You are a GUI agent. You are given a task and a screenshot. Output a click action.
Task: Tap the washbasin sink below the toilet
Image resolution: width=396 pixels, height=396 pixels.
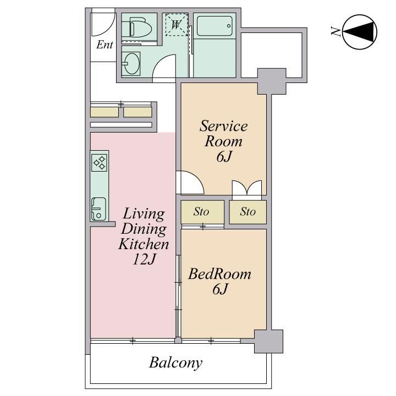tap(132, 64)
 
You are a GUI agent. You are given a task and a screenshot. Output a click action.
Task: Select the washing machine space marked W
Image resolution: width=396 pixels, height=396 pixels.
tap(177, 25)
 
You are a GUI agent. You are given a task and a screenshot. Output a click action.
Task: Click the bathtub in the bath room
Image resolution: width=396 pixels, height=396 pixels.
tap(215, 26)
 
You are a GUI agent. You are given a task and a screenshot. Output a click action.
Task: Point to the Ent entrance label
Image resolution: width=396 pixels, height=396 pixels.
tap(105, 45)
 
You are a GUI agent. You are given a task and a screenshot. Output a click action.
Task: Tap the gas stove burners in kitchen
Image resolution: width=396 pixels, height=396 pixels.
tap(99, 163)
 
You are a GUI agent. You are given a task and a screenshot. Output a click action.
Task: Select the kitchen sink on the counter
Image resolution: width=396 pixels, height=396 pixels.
tap(99, 209)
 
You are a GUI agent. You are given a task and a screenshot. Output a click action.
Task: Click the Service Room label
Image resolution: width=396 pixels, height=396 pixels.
tap(223, 133)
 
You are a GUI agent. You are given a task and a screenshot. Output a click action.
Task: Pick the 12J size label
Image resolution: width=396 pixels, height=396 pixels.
tap(144, 259)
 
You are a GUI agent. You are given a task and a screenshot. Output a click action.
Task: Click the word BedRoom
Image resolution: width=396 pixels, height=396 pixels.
tap(219, 274)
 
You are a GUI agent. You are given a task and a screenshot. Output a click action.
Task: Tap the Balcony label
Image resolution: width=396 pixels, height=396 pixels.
tap(176, 363)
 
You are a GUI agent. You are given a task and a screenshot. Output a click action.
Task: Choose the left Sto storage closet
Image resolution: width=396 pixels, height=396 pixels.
tap(202, 212)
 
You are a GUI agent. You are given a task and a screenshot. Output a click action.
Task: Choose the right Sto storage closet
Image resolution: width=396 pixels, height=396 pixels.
tap(248, 212)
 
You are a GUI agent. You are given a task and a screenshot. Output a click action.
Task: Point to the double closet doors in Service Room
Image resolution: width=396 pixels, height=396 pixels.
tap(247, 188)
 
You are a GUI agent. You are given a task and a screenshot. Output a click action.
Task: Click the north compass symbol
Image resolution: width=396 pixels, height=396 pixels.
tap(360, 32)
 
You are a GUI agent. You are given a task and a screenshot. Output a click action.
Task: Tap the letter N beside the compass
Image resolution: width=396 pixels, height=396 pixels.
tap(335, 31)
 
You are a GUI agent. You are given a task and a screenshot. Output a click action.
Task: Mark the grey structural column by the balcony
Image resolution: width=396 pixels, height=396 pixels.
tap(268, 341)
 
